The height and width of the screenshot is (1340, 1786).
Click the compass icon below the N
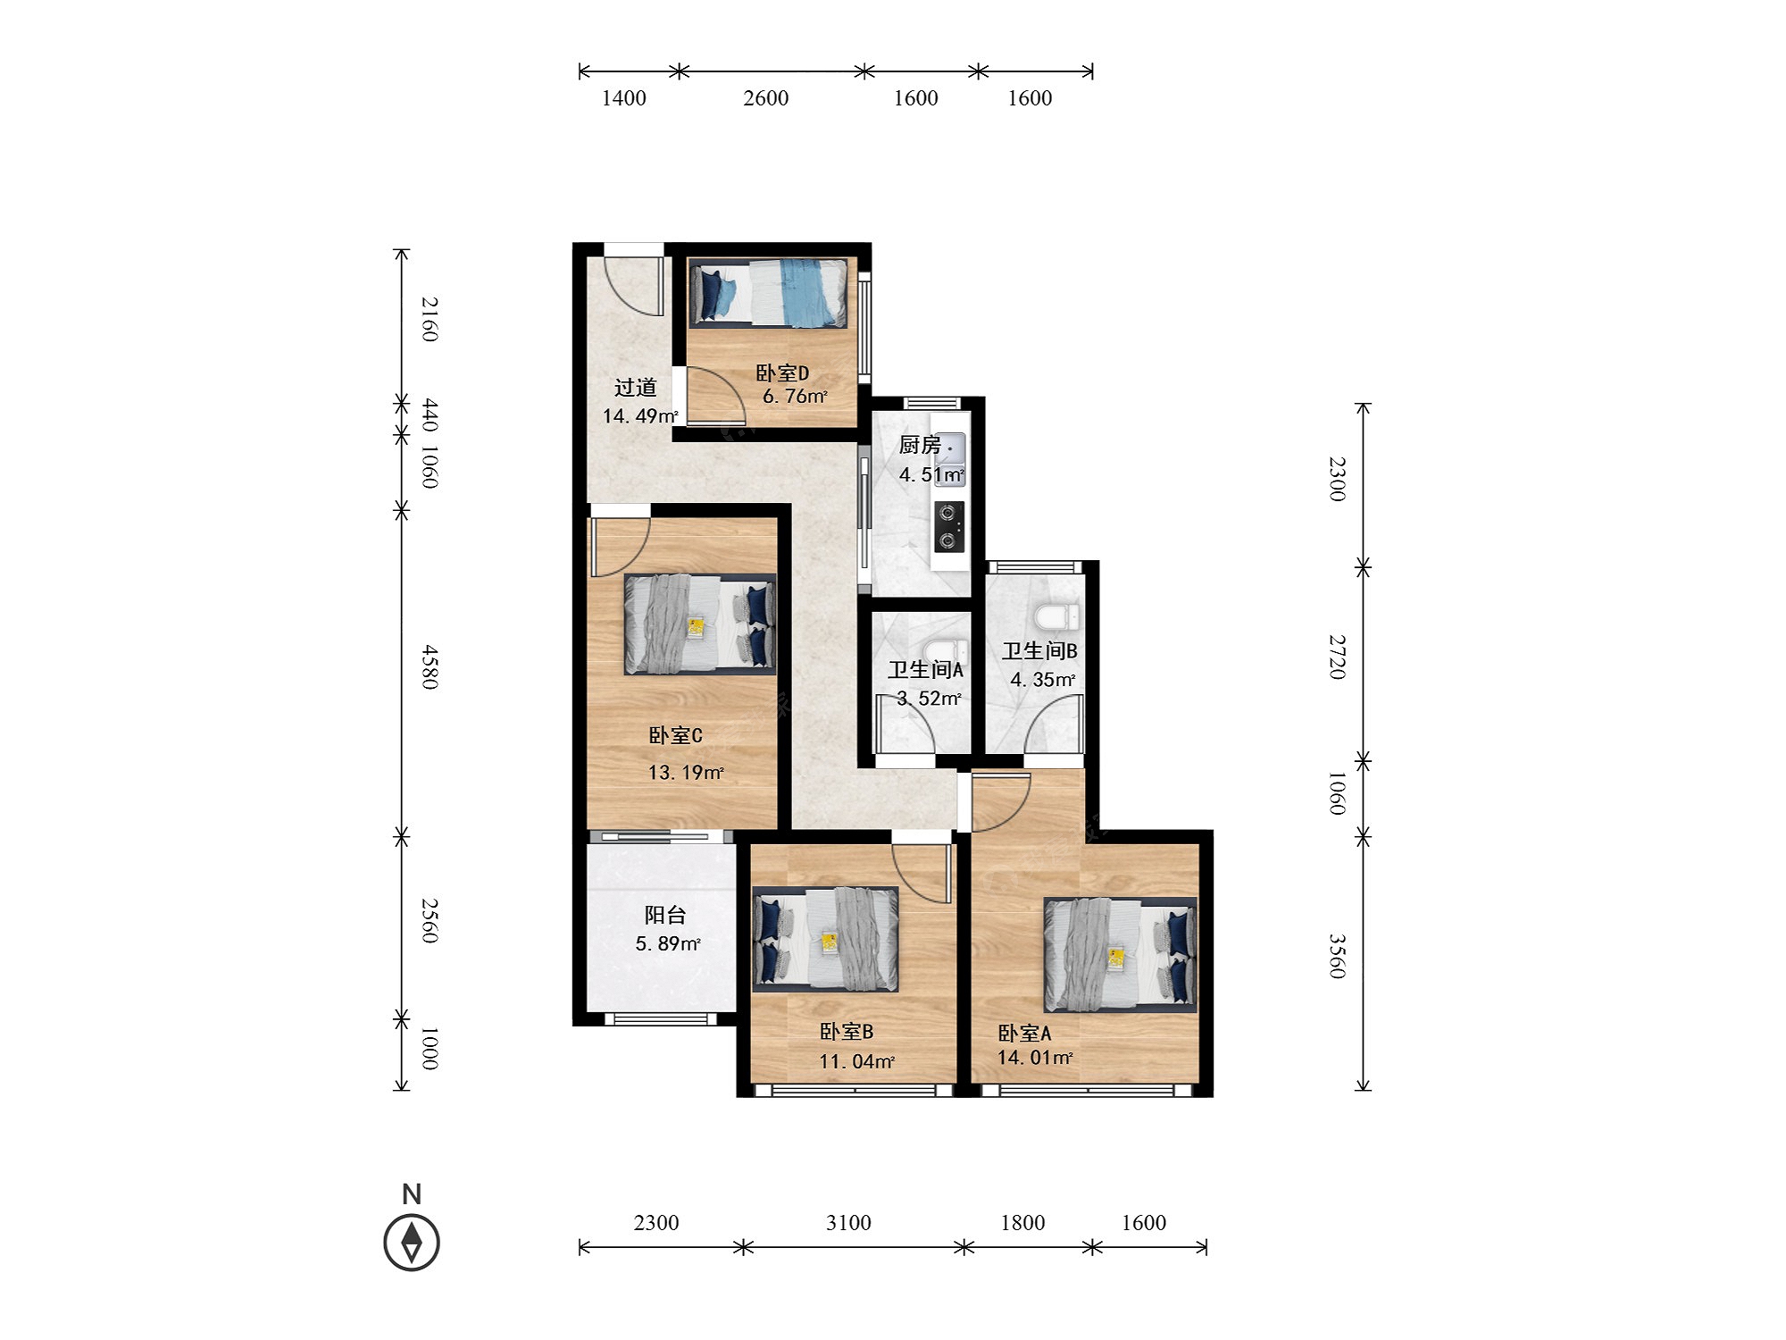click(412, 1242)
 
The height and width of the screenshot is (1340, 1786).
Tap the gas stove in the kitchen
click(949, 527)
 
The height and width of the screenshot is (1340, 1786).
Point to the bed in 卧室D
click(768, 292)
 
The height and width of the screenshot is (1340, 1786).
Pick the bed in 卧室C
click(700, 624)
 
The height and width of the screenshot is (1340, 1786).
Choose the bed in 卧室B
click(826, 939)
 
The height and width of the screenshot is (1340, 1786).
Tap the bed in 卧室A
click(1120, 954)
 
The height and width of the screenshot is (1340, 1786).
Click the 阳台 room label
click(665, 915)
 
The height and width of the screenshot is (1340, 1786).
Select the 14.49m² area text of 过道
click(640, 415)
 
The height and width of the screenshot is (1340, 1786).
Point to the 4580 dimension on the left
click(430, 666)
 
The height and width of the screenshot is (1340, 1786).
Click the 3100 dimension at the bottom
click(848, 1222)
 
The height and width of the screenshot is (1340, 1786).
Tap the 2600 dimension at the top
click(766, 98)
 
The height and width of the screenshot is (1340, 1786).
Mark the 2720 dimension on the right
click(1337, 657)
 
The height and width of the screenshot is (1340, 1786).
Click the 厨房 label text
click(920, 444)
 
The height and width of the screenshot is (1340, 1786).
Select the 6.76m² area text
click(795, 396)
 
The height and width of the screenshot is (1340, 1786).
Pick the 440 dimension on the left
click(430, 415)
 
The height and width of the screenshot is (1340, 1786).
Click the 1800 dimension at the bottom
click(1022, 1222)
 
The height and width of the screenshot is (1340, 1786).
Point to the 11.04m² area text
click(857, 1061)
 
